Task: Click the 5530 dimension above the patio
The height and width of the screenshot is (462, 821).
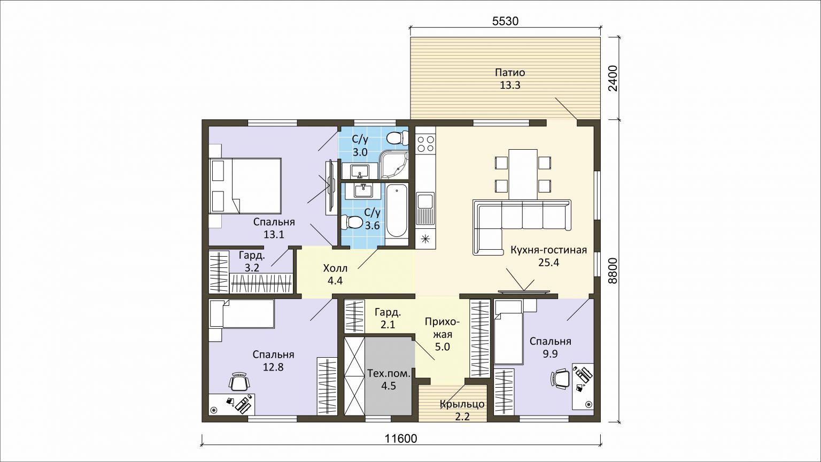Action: pos(505,21)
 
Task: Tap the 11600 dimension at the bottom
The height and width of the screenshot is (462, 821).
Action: pos(401,438)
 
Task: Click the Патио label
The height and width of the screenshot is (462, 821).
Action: pos(510,72)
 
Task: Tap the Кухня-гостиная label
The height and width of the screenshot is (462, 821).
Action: pos(549,250)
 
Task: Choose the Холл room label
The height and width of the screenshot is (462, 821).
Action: pos(335,268)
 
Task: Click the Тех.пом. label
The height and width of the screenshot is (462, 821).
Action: pos(389,374)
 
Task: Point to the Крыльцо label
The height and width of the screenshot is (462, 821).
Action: pos(462,404)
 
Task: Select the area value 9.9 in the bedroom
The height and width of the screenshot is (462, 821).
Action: pos(550,354)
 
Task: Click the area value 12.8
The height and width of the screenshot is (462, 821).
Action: pos(273,367)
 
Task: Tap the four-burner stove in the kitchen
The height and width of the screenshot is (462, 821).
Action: pos(425,143)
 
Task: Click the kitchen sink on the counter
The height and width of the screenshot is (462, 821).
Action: pos(425,209)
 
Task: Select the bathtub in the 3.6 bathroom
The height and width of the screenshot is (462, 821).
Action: pos(397,212)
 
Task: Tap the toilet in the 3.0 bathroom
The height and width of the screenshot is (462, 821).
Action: pos(397,138)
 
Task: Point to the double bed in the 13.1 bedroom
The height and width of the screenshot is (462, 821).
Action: pos(245,186)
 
